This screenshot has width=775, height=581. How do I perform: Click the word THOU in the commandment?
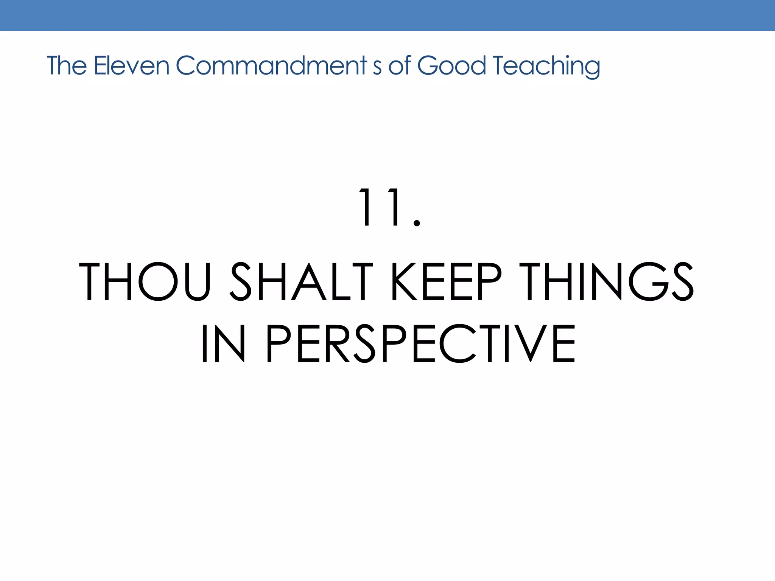coord(144,282)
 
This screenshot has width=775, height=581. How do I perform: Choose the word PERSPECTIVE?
coord(420,344)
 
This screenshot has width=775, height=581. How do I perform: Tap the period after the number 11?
coord(417,224)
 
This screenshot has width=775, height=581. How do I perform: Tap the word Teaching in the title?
coord(546,66)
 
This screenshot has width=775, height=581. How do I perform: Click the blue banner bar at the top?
coord(387,15)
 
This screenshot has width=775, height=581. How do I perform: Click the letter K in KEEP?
coord(403,282)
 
